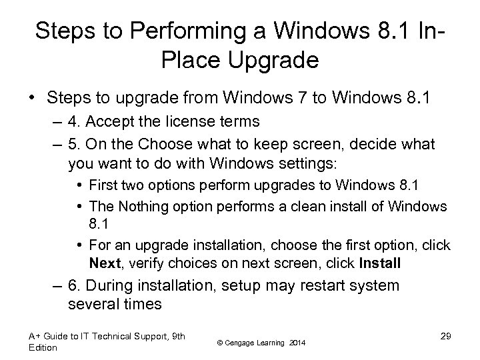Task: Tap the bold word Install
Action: (x=379, y=263)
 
